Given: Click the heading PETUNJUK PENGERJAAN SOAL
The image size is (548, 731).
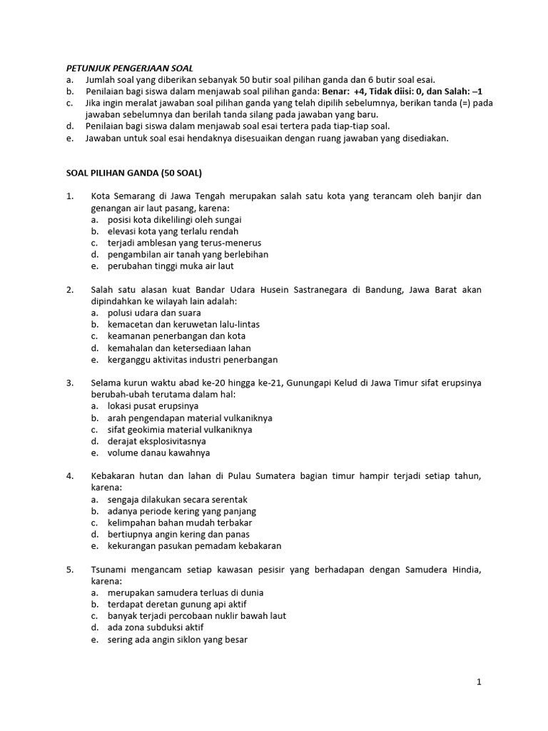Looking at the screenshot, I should tap(126, 68).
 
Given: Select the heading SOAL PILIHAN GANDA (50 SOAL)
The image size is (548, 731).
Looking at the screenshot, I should tap(134, 173).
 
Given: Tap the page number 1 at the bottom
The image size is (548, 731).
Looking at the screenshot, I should tap(479, 682).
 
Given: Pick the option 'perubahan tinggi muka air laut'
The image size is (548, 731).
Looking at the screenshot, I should tap(171, 266).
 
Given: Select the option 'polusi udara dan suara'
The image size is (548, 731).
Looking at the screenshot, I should tap(154, 313).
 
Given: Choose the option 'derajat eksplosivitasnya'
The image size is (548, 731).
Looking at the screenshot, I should tap(156, 441).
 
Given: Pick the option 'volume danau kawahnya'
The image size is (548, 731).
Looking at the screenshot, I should tap(158, 453).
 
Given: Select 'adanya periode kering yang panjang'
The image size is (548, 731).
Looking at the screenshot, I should tap(182, 511).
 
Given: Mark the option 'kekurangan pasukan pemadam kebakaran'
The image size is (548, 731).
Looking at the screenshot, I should tap(194, 545).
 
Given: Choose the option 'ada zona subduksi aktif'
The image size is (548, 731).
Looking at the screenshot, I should tap(156, 627).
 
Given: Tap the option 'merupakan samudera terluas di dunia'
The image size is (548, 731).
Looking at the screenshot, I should tap(186, 593).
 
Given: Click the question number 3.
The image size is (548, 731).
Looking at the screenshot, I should tap(70, 383).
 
